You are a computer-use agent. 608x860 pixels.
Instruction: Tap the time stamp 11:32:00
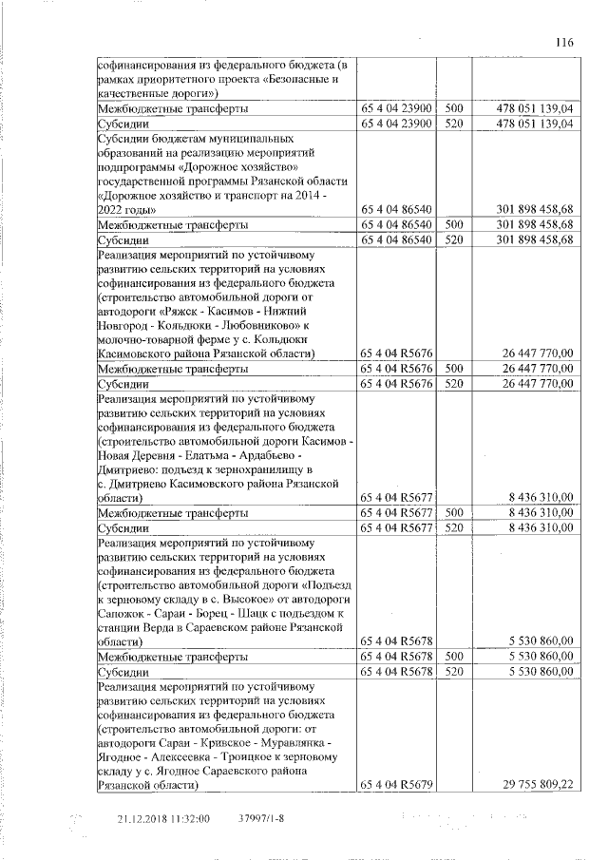190,817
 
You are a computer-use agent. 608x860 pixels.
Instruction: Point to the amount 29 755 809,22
536,786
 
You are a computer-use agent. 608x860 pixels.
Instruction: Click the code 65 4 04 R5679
398,786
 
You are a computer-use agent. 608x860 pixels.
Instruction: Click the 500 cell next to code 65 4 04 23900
453,109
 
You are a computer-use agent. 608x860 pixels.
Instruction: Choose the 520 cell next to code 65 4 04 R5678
453,671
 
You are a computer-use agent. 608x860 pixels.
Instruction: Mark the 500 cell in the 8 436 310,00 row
453,512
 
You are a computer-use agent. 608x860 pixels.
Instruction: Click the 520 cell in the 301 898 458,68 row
453,240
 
